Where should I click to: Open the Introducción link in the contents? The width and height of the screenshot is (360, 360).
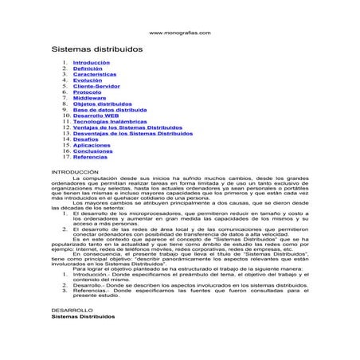pos(92,62)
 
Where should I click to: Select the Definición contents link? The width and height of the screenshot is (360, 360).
pos(87,68)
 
